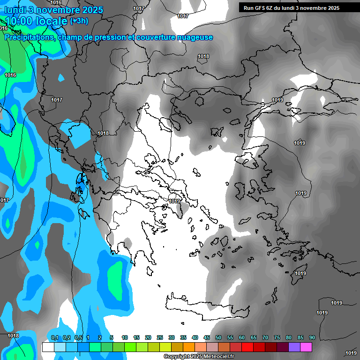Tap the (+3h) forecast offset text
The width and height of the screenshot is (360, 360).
(79, 21)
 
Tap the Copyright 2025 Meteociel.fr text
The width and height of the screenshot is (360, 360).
(199, 357)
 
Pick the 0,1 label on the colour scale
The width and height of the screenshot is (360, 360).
(54, 338)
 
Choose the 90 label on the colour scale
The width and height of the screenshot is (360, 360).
(312, 338)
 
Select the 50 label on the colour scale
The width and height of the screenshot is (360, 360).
(218, 338)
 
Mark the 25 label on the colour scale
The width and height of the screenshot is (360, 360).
(160, 338)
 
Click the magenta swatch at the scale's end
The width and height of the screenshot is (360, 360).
(306, 347)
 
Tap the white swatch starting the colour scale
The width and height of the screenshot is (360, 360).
(48, 347)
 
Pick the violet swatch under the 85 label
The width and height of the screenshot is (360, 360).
(294, 347)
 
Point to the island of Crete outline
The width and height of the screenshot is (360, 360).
(197, 305)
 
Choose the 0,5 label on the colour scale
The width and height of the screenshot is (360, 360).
(79, 338)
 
